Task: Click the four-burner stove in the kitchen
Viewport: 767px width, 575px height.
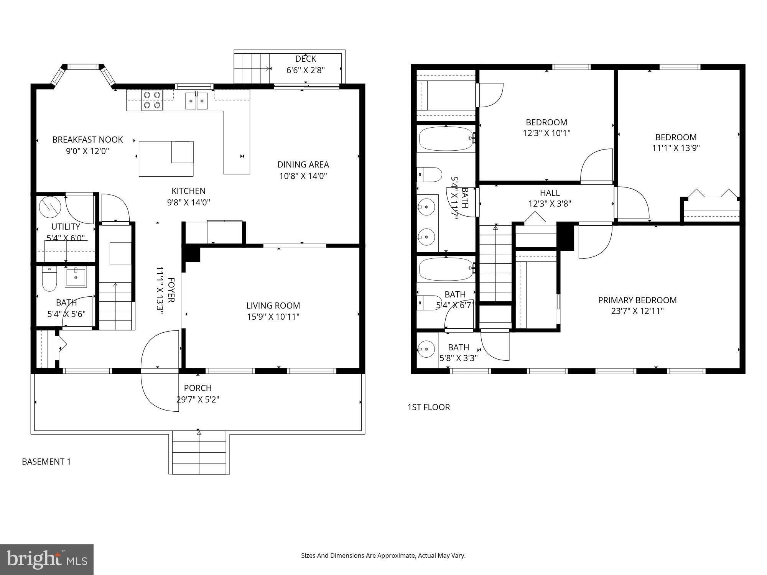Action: (x=152, y=100)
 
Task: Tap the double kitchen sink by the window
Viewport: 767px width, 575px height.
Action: (x=196, y=101)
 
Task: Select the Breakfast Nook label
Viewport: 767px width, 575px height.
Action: (x=87, y=140)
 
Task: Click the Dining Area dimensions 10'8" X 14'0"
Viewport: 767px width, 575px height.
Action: (x=303, y=176)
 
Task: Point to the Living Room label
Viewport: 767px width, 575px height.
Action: (x=273, y=306)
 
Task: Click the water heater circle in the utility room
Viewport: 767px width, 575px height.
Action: (x=50, y=207)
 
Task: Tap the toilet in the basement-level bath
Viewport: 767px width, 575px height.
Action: (x=49, y=279)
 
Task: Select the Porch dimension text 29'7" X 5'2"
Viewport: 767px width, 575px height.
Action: (x=198, y=399)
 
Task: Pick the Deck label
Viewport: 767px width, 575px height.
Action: (x=306, y=59)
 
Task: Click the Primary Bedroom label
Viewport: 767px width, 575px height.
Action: (x=637, y=300)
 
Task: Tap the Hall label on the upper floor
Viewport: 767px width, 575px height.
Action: (x=550, y=193)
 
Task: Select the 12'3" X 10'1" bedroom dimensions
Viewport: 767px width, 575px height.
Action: (x=546, y=133)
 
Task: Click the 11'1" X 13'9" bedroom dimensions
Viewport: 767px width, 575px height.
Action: (x=676, y=148)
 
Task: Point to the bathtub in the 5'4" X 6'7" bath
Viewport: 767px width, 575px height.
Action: (x=446, y=269)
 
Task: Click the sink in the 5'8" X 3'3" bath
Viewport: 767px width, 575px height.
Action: (x=426, y=349)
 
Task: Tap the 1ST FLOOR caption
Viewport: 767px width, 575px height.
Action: (x=428, y=407)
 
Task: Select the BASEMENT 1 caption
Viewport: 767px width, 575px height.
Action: (x=46, y=462)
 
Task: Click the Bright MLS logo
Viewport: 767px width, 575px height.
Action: (x=46, y=559)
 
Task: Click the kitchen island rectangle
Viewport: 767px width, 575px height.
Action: (x=166, y=159)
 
